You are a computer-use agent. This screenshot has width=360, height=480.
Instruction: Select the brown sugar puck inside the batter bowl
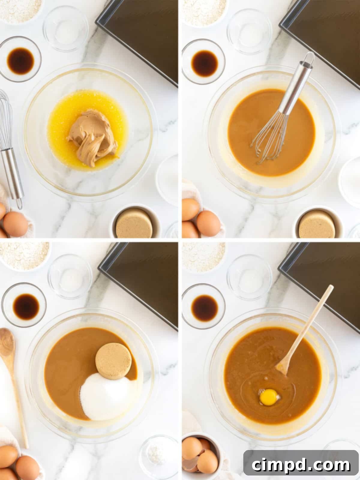pos(113,361)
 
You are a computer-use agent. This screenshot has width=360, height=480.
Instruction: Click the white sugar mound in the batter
pos(103,396)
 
